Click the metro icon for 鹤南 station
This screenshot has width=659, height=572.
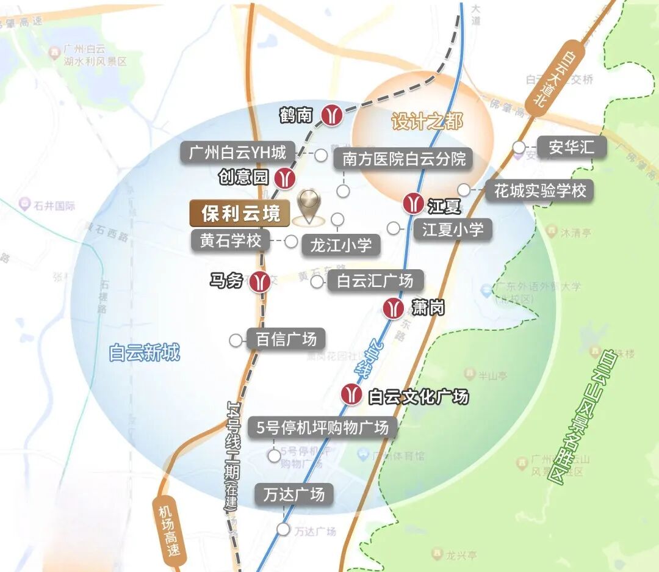[332, 115]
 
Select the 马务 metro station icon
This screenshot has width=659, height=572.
[261, 281]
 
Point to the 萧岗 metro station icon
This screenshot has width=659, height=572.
[393, 308]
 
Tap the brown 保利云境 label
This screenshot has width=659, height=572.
[240, 214]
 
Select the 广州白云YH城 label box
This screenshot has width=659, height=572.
[238, 152]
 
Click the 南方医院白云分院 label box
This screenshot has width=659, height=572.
[404, 159]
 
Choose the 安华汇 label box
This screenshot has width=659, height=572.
[571, 147]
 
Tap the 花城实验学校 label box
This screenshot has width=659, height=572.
[540, 190]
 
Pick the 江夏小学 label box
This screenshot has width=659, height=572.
[453, 230]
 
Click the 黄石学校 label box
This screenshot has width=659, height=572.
[230, 241]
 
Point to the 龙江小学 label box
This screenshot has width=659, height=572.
[340, 245]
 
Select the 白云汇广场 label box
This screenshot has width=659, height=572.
[375, 281]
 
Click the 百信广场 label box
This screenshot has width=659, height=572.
[286, 339]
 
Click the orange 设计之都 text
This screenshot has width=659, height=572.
[427, 121]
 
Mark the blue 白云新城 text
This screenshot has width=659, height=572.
[145, 353]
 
